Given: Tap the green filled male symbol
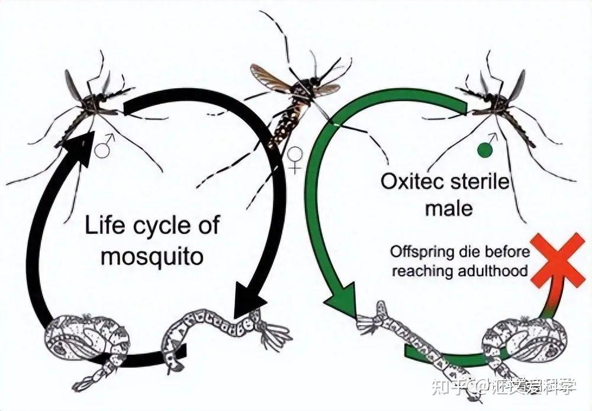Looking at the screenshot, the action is (485, 150).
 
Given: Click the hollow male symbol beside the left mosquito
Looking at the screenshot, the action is (104, 147).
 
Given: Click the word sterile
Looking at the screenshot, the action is (480, 182).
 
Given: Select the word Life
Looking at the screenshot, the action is (102, 226).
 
